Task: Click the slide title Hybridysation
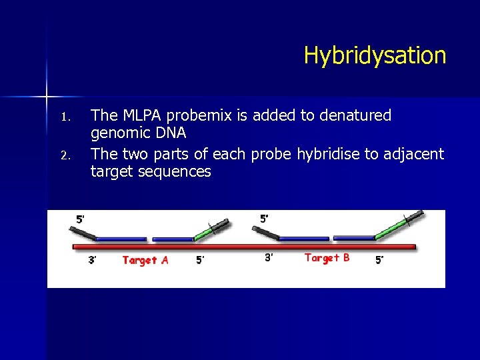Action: click(375, 55)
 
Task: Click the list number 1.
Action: click(65, 117)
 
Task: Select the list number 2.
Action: click(65, 156)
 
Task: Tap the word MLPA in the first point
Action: click(138, 115)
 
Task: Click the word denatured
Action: click(355, 115)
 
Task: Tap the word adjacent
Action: click(414, 154)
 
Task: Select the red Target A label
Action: click(145, 260)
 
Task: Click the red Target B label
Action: click(327, 257)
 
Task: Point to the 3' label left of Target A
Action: click(93, 260)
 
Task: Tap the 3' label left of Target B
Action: click(269, 257)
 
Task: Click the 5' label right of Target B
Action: click(379, 260)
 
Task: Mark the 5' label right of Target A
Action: click(200, 260)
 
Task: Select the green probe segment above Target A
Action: click(203, 233)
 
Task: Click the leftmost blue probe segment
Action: click(121, 239)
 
